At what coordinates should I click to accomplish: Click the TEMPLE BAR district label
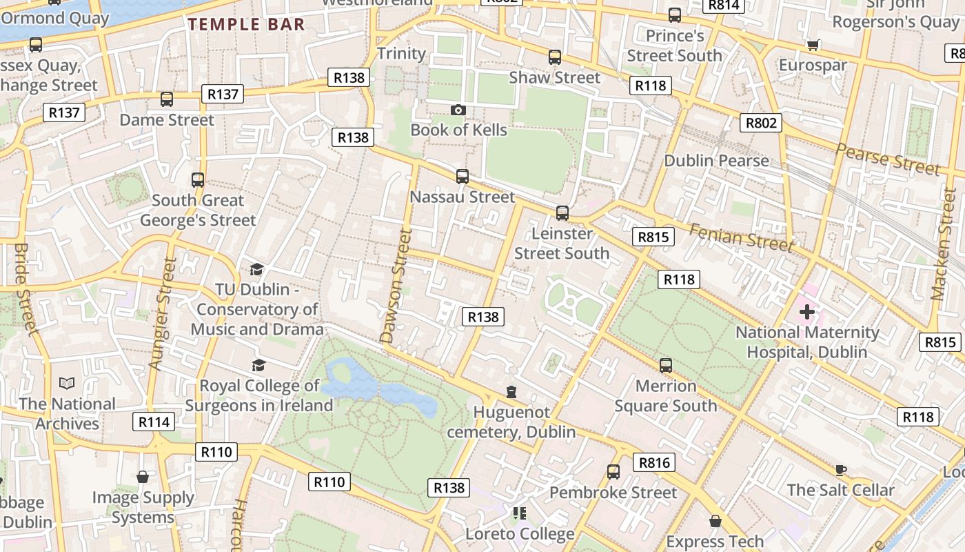(x=246, y=25)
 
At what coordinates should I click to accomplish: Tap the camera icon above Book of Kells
(x=458, y=110)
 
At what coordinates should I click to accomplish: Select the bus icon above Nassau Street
(x=463, y=177)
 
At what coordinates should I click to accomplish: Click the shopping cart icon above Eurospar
(x=813, y=45)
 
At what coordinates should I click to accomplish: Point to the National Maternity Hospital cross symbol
(x=807, y=312)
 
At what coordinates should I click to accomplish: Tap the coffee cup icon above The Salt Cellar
(x=840, y=470)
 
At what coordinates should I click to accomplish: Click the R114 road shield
(x=154, y=422)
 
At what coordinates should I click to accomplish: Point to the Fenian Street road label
(x=742, y=239)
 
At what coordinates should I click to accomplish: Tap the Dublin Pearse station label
(x=716, y=161)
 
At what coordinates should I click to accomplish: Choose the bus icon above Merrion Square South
(x=665, y=366)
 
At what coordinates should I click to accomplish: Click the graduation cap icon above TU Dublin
(x=257, y=269)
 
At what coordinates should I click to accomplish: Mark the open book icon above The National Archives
(x=67, y=383)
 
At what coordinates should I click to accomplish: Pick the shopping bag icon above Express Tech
(x=715, y=521)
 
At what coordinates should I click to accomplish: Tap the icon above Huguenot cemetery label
(x=511, y=392)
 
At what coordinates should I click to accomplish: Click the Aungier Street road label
(x=162, y=314)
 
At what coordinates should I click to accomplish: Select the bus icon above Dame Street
(x=166, y=99)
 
